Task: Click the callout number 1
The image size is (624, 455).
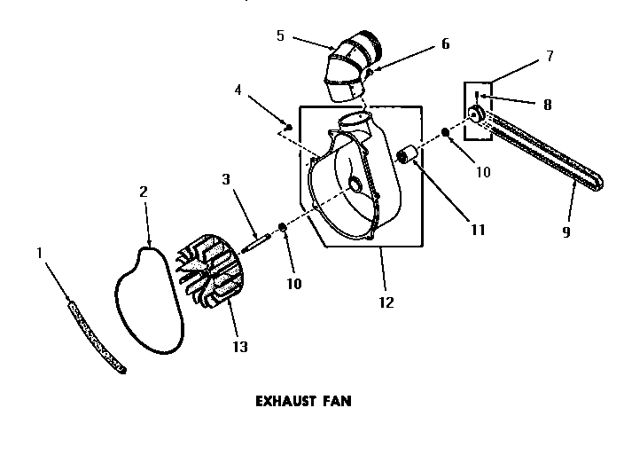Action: point(39,253)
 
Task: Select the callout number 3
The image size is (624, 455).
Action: point(227,179)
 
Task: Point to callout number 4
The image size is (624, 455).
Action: point(238,90)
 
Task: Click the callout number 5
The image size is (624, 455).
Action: point(280,36)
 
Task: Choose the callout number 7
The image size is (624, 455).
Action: point(550,56)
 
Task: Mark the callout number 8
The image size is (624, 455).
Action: point(547,104)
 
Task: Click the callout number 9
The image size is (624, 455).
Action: point(566,232)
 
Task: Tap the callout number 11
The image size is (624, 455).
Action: point(478,230)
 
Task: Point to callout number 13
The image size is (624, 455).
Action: point(239,346)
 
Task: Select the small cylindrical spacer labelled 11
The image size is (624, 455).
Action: point(409,157)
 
